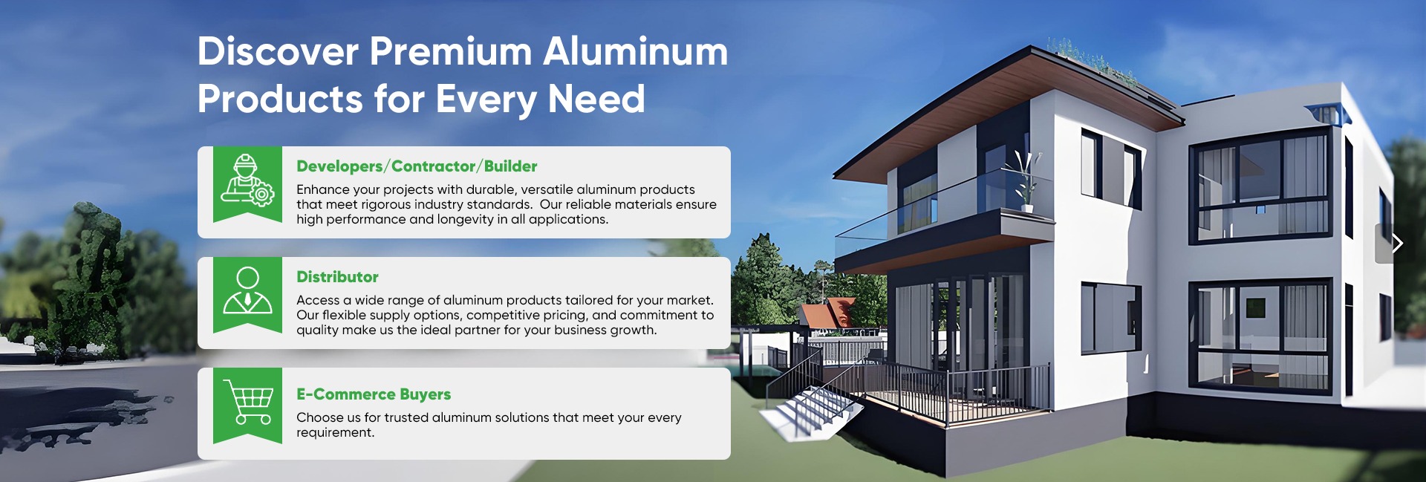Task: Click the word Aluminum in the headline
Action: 636,51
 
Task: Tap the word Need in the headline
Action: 596,99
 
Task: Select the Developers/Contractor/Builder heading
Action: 417,166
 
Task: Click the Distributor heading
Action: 337,277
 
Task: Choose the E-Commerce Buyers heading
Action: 374,394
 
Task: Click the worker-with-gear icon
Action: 247,180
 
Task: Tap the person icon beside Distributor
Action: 247,290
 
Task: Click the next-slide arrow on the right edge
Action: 1397,243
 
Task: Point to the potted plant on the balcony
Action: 1025,182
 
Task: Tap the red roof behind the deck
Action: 828,312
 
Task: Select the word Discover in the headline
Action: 279,51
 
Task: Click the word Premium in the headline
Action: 451,51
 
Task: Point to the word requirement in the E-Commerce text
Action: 335,433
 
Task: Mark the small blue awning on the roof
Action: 1327,114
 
